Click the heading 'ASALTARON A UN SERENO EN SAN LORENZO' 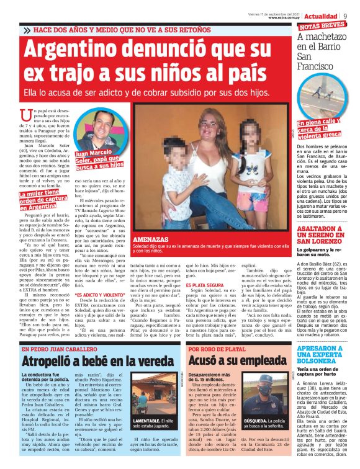322,233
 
